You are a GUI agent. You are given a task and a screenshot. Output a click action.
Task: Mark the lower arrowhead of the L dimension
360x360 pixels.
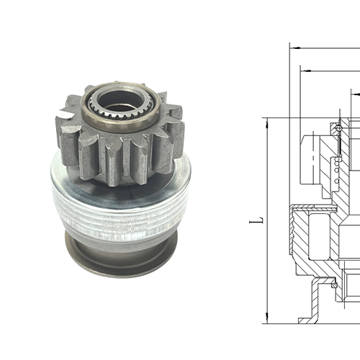tap(266, 318)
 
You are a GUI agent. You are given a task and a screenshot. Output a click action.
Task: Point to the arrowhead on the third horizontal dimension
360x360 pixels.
tap(354, 94)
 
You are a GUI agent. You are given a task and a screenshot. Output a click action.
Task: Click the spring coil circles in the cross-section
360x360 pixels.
tap(336, 171)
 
